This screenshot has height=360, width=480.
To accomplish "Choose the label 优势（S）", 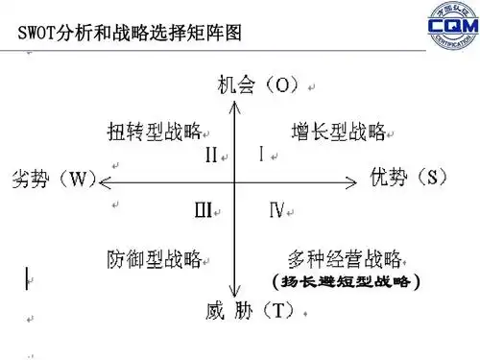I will (x=409, y=177).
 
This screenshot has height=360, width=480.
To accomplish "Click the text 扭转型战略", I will (x=154, y=131).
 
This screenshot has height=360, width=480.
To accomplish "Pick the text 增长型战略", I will (x=337, y=131).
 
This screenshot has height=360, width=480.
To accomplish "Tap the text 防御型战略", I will (x=154, y=258).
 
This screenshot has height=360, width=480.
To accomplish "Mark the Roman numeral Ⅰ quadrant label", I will (x=262, y=153).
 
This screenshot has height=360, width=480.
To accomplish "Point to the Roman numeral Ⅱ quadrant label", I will (x=211, y=155).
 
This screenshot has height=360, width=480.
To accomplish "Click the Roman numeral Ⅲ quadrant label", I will (x=203, y=208).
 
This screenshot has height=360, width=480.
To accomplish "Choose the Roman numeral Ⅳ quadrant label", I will (x=276, y=208).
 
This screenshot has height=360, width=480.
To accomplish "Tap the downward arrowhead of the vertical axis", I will (x=235, y=296).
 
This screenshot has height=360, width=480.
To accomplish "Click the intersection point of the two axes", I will (x=235, y=180).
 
